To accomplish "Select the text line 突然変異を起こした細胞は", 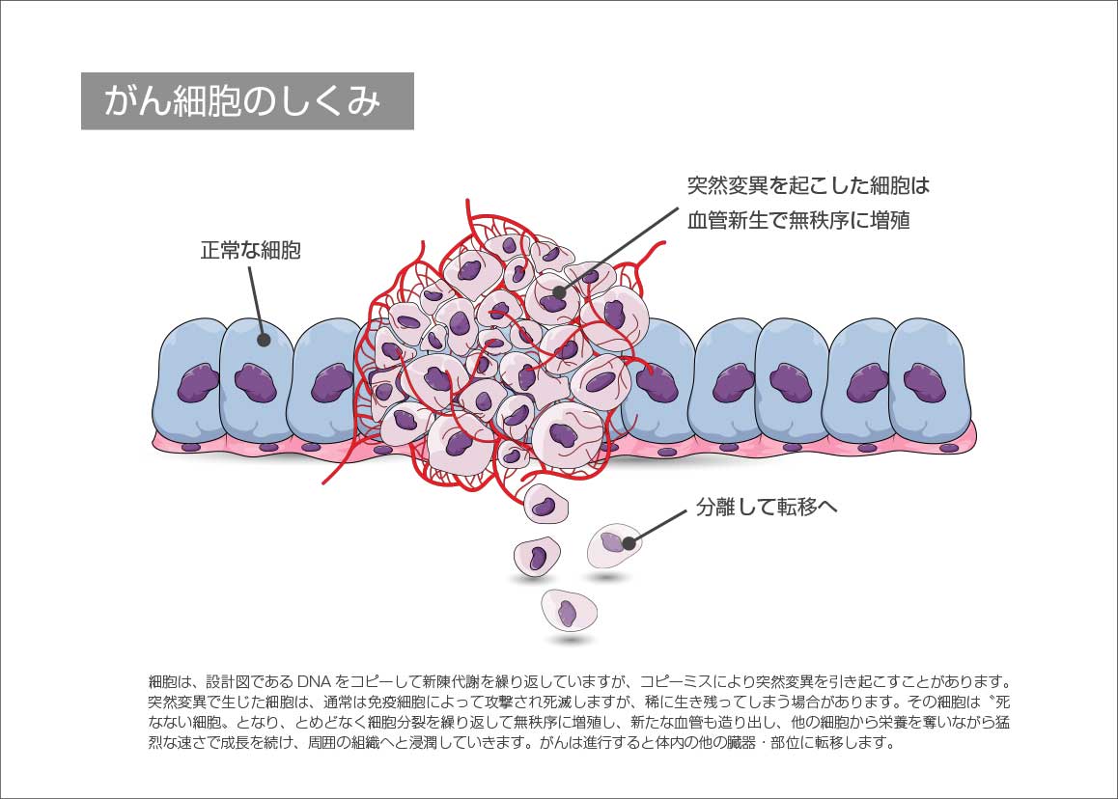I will coord(808,184).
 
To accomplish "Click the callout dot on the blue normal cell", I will coord(262,340).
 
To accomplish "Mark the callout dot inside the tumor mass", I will coord(559,291).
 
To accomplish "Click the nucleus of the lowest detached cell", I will coord(568,613).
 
